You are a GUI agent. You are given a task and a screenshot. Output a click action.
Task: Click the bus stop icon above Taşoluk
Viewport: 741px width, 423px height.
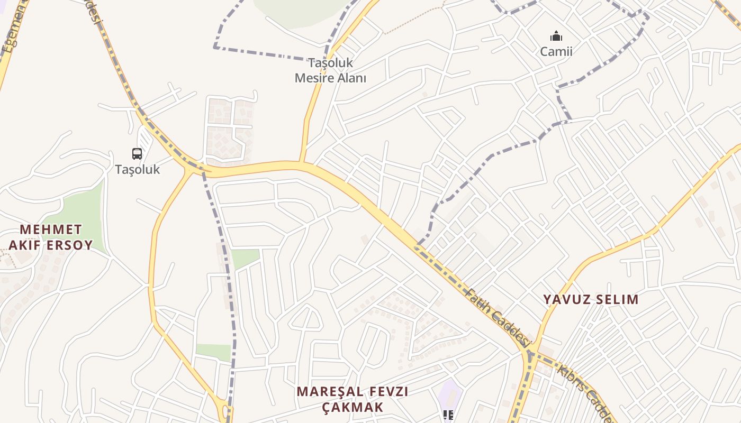coord(137,154)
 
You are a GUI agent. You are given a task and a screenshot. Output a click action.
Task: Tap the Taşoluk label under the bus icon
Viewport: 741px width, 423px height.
coord(138,170)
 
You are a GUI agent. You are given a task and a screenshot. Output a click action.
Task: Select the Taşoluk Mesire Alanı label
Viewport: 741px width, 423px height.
coord(330,70)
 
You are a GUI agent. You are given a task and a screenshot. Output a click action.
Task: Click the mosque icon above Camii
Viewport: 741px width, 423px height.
coord(556,36)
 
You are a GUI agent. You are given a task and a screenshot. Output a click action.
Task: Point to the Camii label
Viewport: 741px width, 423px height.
coord(556,51)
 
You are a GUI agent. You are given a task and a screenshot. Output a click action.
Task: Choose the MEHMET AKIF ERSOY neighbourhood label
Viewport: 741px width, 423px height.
coord(51,237)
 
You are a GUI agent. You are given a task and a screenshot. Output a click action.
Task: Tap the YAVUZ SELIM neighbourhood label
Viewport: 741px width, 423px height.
coord(591,299)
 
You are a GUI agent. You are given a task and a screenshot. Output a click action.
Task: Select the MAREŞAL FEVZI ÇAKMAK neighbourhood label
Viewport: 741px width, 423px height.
coord(352,399)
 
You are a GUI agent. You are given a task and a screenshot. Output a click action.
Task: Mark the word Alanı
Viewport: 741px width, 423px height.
coord(352,78)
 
